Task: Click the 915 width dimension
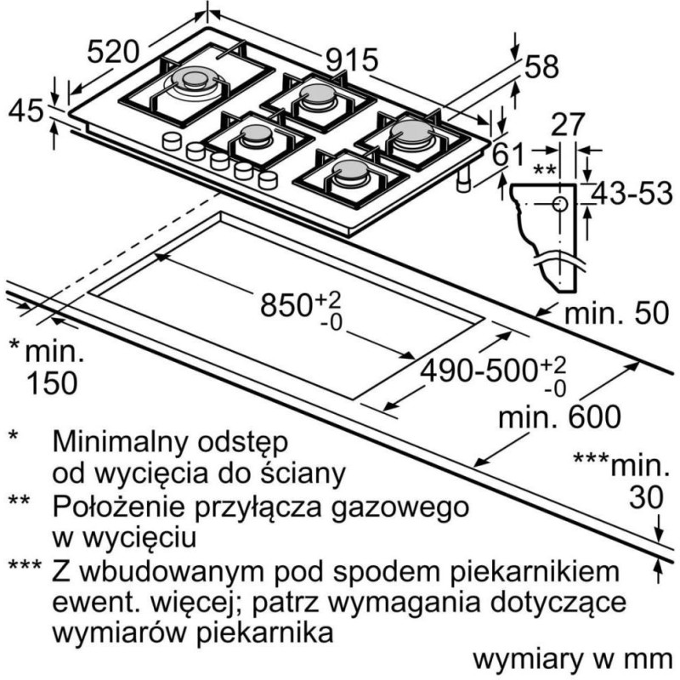(x=352, y=59)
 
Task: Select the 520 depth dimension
(x=113, y=52)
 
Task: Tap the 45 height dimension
(x=26, y=110)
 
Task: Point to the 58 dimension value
(x=541, y=67)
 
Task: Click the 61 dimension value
(x=507, y=154)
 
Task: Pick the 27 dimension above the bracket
(x=568, y=124)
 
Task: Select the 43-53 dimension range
(x=632, y=194)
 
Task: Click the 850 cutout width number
(x=286, y=305)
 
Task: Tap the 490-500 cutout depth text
(x=479, y=371)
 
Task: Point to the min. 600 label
(x=559, y=417)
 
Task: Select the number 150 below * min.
(x=52, y=383)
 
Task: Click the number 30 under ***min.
(x=646, y=497)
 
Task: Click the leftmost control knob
(x=172, y=141)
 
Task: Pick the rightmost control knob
(x=268, y=179)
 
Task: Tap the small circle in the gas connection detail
(x=560, y=203)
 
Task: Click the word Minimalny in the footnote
(x=122, y=443)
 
